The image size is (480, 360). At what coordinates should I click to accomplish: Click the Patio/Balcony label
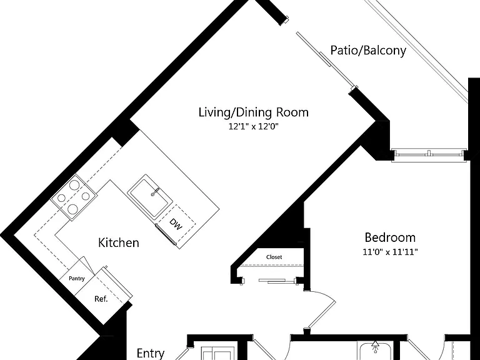pos(368,50)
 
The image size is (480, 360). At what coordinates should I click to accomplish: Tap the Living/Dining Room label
pos(254,112)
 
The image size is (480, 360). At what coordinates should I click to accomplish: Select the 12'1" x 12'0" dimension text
pos(254,126)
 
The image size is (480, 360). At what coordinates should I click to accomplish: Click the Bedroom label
pos(390,237)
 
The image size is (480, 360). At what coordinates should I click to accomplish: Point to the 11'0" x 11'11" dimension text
pos(390,252)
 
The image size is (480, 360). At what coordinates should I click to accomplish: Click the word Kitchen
pos(119,242)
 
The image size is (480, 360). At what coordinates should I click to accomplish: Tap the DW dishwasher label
pos(176,224)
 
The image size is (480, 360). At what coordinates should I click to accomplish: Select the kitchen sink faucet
pos(155,192)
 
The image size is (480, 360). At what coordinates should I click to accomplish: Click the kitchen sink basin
pos(150,197)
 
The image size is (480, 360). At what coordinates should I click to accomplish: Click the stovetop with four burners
pos(74,197)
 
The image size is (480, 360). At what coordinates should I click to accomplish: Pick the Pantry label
pos(76,278)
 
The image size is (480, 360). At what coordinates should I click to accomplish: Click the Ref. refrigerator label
pos(101,299)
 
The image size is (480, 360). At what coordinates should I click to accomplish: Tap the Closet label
pos(274,257)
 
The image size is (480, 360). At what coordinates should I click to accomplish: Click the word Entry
pos(150,353)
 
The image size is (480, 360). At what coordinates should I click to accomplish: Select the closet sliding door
pos(272,281)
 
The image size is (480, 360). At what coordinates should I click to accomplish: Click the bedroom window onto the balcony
pos(429,154)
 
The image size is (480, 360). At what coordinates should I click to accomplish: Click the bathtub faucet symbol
pos(375,347)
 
